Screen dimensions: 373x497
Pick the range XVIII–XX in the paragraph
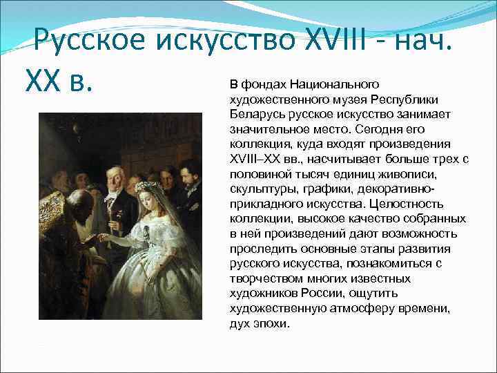[x=255, y=159]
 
